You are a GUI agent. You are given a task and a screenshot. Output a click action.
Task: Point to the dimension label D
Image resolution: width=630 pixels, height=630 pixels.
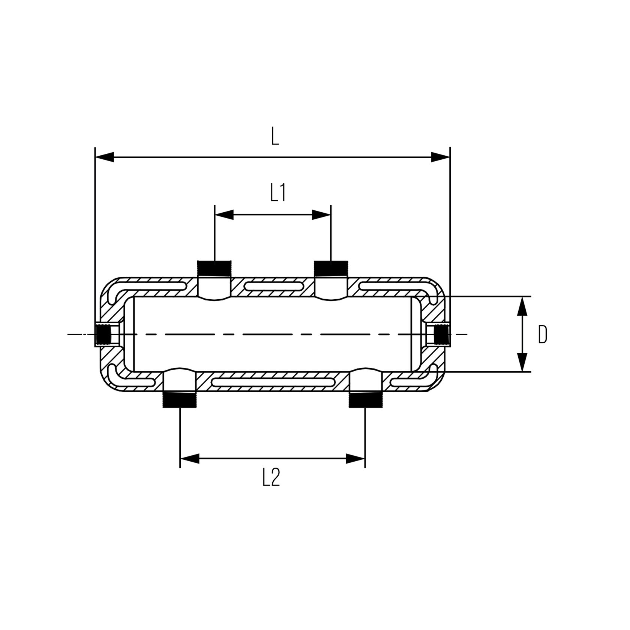click(543, 334)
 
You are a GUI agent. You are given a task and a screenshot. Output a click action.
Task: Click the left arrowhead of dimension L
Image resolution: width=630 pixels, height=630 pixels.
click(105, 157)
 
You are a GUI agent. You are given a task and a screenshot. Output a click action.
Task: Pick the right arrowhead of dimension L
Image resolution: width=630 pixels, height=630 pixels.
click(441, 157)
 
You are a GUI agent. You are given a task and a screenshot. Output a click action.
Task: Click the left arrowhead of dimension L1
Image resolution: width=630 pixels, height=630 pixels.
click(224, 214)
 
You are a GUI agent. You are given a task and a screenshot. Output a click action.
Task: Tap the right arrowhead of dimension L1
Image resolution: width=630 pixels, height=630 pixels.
click(321, 214)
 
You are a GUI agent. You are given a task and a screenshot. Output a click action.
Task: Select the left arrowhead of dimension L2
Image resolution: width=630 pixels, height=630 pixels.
click(190, 458)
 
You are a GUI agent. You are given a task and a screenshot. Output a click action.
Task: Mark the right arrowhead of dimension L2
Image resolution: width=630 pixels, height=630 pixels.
click(355, 458)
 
